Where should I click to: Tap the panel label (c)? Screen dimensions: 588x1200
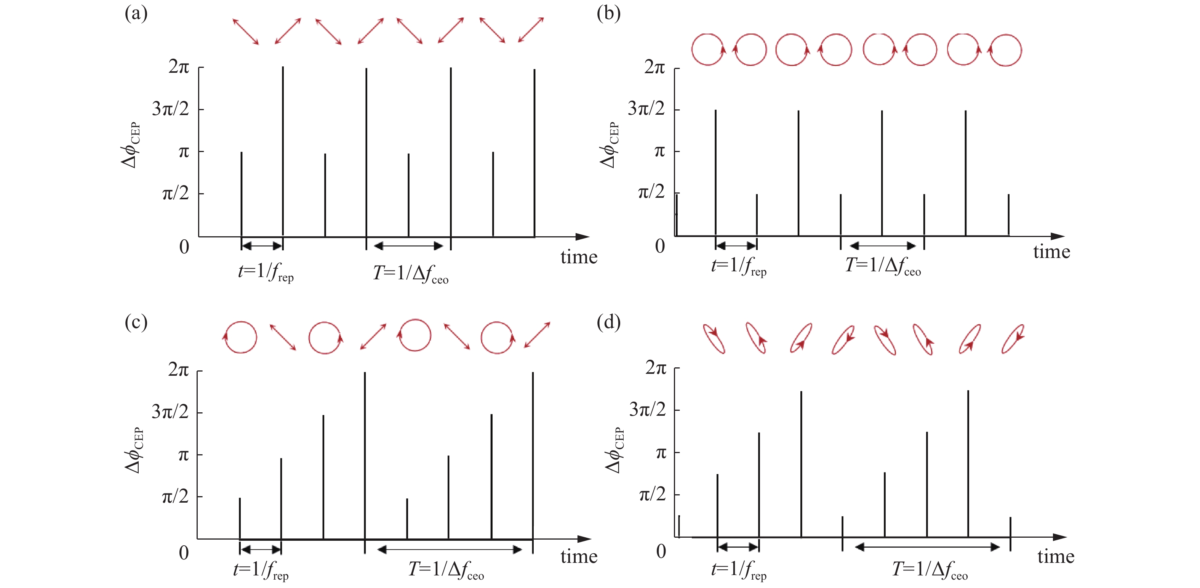(136, 322)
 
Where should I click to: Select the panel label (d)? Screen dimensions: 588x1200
(608, 322)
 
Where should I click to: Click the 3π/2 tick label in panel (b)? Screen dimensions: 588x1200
(646, 109)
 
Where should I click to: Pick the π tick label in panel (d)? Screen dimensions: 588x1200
(661, 452)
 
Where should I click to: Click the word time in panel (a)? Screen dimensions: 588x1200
(579, 257)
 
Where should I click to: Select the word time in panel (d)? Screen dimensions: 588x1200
(1056, 557)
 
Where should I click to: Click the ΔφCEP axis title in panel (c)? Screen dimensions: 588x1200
(134, 450)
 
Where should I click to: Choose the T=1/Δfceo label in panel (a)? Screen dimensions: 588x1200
(410, 274)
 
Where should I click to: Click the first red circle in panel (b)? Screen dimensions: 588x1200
(707, 50)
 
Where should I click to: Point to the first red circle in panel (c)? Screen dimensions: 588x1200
(240, 337)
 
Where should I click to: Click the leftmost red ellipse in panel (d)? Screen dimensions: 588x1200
(714, 339)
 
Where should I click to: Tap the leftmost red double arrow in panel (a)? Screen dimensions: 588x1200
(245, 31)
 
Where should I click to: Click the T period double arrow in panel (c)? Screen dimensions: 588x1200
(449, 550)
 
